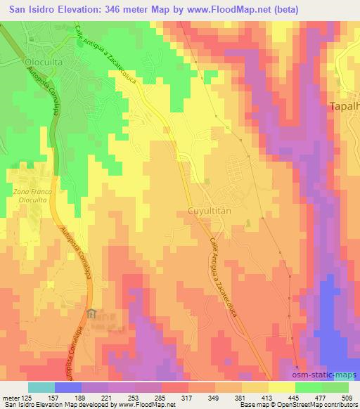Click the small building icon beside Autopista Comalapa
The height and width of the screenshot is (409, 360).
click(91, 314)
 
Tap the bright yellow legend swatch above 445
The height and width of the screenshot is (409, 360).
click(281, 387)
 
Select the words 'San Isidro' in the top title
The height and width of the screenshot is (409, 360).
click(32, 10)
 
